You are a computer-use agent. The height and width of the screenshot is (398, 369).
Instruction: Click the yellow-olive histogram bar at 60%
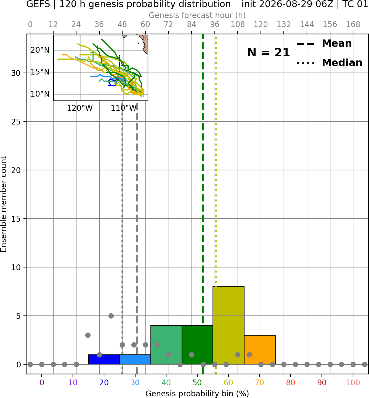pos(228,325)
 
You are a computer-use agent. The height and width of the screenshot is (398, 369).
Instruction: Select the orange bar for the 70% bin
pos(259,350)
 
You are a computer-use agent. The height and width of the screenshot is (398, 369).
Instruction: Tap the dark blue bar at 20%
pos(104,360)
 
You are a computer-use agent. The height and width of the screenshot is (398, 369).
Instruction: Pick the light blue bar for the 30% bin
pos(135,360)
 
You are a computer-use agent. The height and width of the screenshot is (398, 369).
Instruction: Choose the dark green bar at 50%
pos(197,345)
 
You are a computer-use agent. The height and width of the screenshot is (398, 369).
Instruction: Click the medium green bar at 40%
pos(166,345)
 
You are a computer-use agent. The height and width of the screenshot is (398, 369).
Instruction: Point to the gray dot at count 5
pos(111,316)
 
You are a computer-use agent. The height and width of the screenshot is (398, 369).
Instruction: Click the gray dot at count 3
pos(88,335)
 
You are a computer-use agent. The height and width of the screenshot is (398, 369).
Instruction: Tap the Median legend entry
pos(329,63)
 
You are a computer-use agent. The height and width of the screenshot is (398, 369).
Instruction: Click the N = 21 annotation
pos(268,52)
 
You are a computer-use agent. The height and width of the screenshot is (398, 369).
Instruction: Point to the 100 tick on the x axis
pos(353,383)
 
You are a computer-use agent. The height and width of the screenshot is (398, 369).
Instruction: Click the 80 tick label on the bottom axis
pos(291,383)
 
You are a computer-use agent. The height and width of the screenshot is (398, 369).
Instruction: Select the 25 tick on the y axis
pos(16,122)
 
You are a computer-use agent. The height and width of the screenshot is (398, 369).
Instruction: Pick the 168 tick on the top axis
pos(353,25)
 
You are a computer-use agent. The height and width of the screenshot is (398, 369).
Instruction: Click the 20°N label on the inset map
pos(40,50)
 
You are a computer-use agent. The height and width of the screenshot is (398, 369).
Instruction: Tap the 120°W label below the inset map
pos(80,108)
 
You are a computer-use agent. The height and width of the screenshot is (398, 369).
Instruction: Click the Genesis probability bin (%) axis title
pos(197,394)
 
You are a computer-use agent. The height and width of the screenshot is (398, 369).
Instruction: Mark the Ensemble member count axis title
pos(4,204)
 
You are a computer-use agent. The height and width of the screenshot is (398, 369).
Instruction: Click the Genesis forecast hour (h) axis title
pos(197,15)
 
